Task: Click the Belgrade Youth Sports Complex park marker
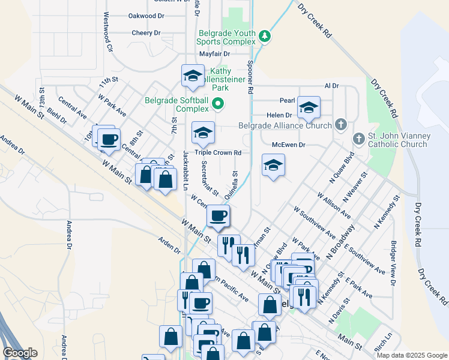click(265, 37)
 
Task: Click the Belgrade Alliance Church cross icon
click(341, 125)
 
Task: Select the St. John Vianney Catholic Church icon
click(359, 139)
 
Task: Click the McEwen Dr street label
click(289, 145)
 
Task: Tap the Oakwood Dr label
click(146, 16)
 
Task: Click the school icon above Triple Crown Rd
click(203, 133)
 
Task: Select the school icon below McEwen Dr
click(273, 166)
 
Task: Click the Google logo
click(20, 353)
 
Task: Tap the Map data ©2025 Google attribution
click(411, 355)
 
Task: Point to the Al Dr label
click(331, 86)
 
